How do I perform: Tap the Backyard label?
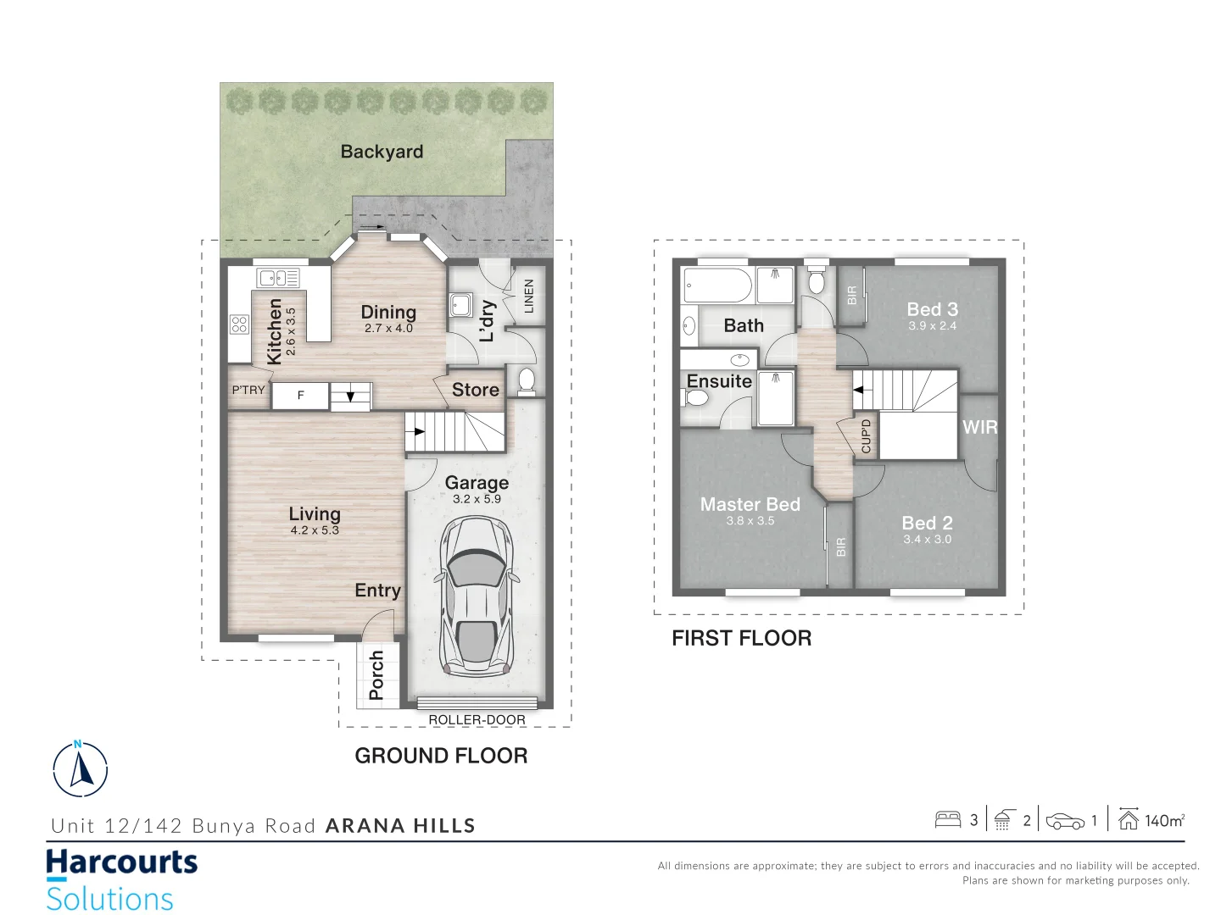click(x=382, y=152)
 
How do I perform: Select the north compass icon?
click(x=81, y=769)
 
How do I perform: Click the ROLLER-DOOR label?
click(x=477, y=719)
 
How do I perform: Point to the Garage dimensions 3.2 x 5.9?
click(x=477, y=499)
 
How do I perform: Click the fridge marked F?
click(x=300, y=396)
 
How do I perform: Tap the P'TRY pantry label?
click(x=248, y=390)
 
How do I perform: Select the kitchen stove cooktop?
click(x=239, y=324)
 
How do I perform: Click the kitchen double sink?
click(x=278, y=277)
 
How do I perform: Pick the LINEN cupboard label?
click(x=529, y=297)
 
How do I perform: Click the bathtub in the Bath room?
click(x=717, y=286)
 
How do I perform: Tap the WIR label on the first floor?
click(x=979, y=427)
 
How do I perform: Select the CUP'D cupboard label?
click(x=866, y=436)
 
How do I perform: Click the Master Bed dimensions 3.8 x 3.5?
click(x=750, y=521)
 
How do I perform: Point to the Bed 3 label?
click(x=932, y=309)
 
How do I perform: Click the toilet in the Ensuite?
click(x=696, y=396)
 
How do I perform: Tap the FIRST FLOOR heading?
click(x=741, y=638)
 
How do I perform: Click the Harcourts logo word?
click(x=121, y=862)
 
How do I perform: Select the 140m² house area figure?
click(x=1164, y=820)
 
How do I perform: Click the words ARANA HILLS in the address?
click(x=400, y=826)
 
